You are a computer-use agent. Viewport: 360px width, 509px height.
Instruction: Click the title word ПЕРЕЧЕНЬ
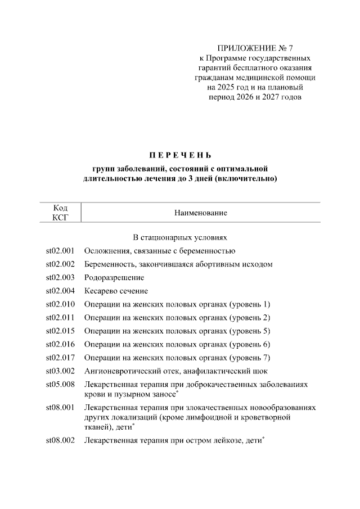(x=180, y=155)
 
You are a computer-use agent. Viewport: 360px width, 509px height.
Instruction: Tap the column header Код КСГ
(x=60, y=213)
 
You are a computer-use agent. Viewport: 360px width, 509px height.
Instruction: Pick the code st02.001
(x=60, y=251)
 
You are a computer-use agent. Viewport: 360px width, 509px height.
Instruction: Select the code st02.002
(x=60, y=264)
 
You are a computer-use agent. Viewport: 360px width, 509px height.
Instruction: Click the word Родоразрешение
(x=114, y=278)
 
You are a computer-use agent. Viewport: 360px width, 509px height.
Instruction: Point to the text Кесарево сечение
(x=116, y=291)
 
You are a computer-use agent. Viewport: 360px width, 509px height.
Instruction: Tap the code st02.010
(x=60, y=304)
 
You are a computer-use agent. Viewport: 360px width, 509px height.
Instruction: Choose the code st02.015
(x=60, y=331)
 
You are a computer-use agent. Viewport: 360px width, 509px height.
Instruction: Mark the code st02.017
(x=60, y=358)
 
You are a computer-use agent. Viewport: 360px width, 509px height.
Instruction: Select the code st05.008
(x=60, y=385)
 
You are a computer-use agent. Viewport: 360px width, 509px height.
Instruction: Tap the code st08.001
(x=60, y=407)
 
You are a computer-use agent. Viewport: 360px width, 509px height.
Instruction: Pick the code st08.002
(x=60, y=442)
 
